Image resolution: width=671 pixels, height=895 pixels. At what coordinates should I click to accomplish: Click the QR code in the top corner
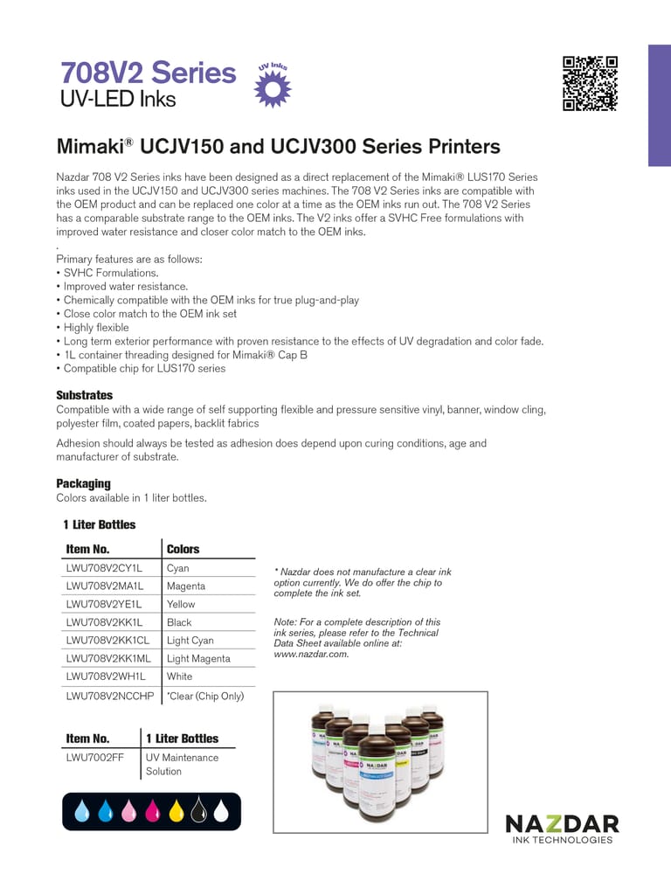590,83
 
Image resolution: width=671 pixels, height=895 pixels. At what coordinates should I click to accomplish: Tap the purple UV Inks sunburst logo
272,87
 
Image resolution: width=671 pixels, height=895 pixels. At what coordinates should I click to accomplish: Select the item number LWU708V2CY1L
104,568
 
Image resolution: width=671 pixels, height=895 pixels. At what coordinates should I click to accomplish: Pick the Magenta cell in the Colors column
186,586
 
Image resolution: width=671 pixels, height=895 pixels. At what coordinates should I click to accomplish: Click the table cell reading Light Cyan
190,641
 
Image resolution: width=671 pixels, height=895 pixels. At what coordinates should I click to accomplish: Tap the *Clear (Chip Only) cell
205,696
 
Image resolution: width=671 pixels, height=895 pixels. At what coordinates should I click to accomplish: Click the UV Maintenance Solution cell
182,765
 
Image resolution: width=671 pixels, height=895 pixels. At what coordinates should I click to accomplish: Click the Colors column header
183,549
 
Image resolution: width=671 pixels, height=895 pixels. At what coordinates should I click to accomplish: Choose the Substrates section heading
85,395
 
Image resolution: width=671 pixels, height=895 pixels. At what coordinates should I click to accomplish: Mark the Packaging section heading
83,483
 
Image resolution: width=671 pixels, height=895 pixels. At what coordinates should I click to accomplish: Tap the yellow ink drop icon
176,812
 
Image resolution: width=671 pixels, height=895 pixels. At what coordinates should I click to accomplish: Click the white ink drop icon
221,812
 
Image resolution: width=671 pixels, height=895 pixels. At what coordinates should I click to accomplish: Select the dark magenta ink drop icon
152,812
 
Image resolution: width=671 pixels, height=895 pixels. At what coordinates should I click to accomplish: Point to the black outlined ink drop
198,812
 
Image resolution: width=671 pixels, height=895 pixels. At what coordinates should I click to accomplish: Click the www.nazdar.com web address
311,654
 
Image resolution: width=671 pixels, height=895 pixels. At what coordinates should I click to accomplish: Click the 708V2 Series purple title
148,72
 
